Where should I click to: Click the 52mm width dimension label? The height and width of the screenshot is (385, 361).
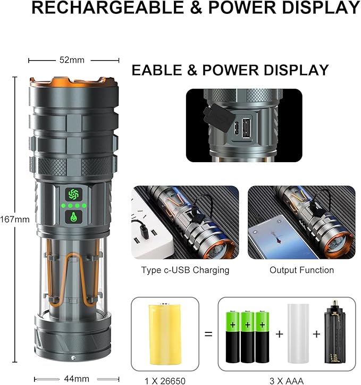72,60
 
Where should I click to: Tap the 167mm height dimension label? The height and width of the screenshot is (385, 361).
15,219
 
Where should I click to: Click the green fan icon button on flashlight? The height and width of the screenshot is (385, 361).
72,194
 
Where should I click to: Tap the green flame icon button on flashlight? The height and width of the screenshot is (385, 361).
72,217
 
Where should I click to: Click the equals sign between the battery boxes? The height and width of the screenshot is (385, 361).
208,334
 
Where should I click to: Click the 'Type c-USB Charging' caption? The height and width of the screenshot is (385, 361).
185,270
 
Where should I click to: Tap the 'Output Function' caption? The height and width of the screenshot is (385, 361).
301,270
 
